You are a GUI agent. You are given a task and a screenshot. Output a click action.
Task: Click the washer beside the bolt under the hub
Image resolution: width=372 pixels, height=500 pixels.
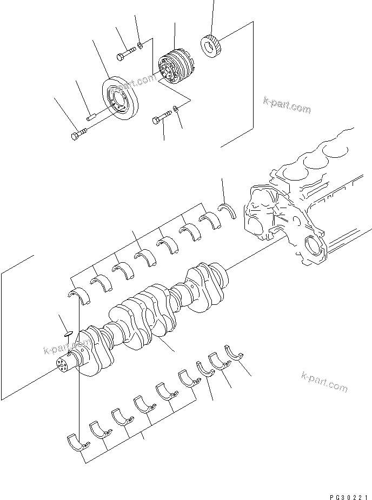click(176, 110)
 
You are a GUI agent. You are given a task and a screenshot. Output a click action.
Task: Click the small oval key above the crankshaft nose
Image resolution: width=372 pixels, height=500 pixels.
click(66, 334)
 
